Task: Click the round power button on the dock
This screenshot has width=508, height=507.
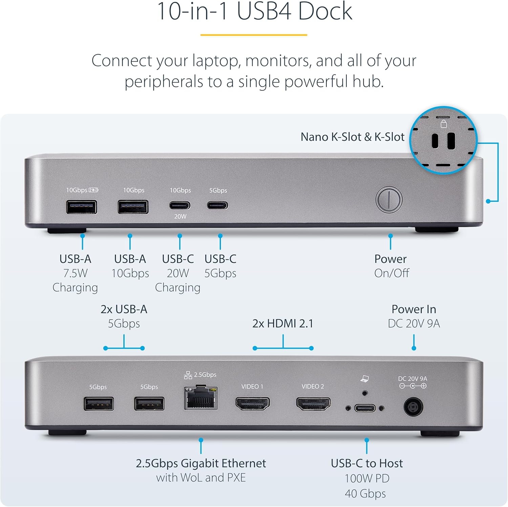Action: tap(389, 199)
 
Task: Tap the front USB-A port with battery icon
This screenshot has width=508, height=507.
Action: tap(82, 207)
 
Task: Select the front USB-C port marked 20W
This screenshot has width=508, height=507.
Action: tap(180, 205)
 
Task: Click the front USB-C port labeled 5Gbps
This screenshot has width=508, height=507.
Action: tap(217, 205)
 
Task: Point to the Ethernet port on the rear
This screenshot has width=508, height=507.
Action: tap(201, 399)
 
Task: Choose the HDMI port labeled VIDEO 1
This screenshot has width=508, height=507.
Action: tap(253, 403)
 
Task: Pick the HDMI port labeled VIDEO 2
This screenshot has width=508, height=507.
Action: tap(313, 403)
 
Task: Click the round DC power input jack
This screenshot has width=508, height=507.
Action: tap(413, 407)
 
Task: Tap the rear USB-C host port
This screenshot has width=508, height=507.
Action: tap(365, 408)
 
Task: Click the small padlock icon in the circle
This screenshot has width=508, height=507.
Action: tap(444, 124)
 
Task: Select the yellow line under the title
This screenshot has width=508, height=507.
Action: tap(254, 35)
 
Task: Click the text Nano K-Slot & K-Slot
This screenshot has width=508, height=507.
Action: tap(353, 137)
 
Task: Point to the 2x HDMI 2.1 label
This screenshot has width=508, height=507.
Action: tap(283, 323)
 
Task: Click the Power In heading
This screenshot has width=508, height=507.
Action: tap(414, 309)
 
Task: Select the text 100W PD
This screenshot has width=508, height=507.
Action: tap(367, 478)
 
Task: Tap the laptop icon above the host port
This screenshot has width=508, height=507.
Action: tap(364, 379)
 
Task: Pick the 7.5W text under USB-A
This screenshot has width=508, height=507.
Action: tap(75, 273)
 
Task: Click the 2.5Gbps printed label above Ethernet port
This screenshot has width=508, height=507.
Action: tap(205, 375)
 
